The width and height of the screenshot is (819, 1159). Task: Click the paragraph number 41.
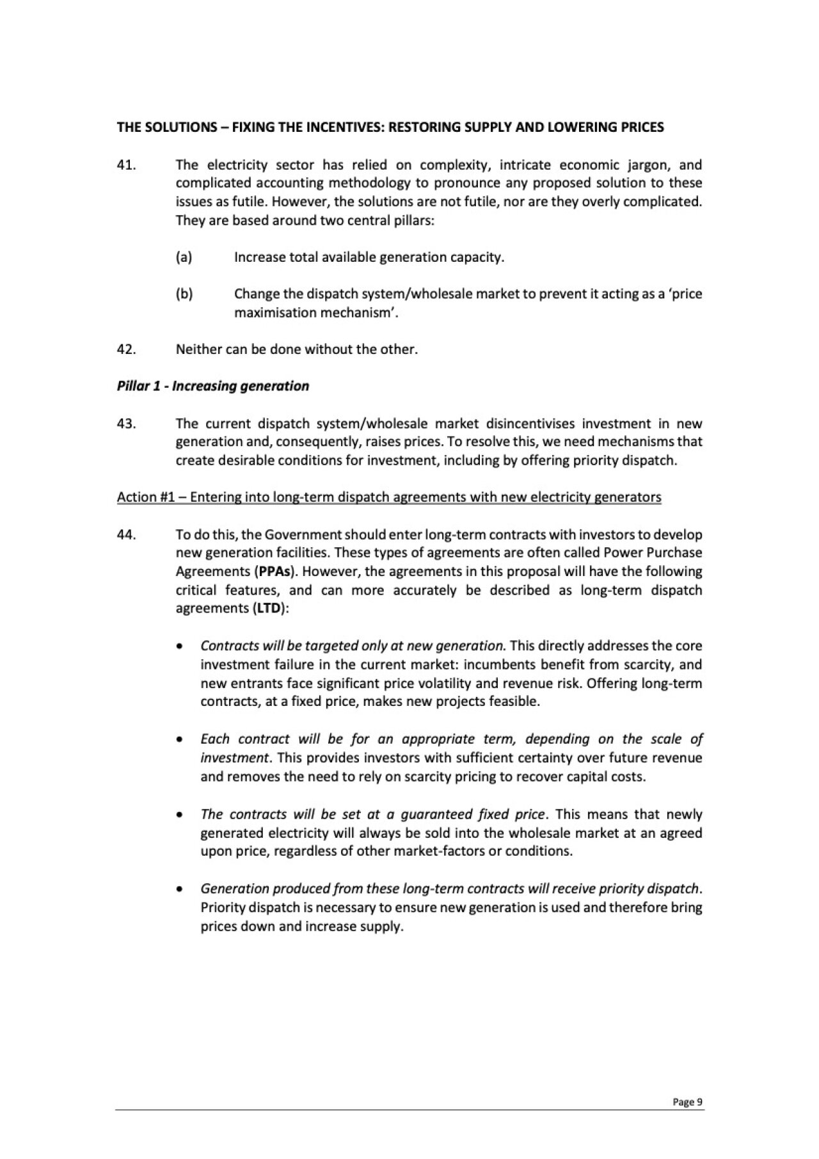click(x=125, y=164)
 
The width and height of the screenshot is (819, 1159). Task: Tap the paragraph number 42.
click(x=126, y=349)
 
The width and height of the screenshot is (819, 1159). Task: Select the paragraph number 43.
click(x=126, y=424)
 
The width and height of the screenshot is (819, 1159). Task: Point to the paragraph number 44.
click(x=126, y=534)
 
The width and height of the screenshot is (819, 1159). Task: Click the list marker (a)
click(x=184, y=257)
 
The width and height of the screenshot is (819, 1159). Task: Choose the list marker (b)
click(x=184, y=294)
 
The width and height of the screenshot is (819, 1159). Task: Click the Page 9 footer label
click(x=687, y=1102)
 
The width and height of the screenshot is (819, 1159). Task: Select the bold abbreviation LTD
click(x=269, y=609)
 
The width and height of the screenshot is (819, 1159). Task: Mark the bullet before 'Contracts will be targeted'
click(x=182, y=646)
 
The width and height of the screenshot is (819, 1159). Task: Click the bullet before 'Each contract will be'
click(x=182, y=740)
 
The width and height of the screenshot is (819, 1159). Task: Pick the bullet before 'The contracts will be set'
click(x=182, y=815)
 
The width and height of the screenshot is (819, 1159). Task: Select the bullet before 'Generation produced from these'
click(x=182, y=890)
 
